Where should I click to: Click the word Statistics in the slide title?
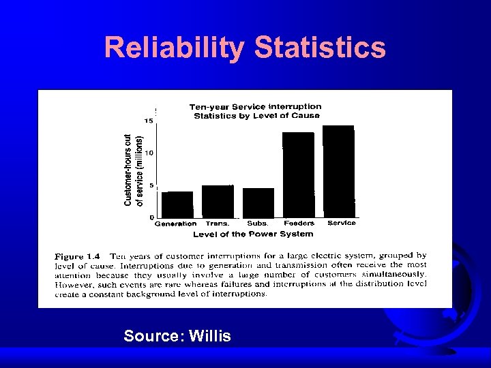[x=320, y=48]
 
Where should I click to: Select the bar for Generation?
[x=176, y=204]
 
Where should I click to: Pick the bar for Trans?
[x=218, y=201]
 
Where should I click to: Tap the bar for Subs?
[x=258, y=202]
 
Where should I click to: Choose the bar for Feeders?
[x=299, y=174]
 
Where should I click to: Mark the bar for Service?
[x=339, y=171]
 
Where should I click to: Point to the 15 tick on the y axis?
[x=148, y=121]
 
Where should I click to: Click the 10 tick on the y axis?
[x=148, y=153]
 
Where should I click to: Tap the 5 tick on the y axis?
[x=150, y=185]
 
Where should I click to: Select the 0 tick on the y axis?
[x=151, y=217]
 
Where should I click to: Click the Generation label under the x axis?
[x=175, y=224]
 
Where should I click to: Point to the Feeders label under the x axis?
[x=299, y=224]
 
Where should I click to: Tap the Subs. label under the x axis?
[x=258, y=224]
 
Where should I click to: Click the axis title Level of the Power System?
[x=253, y=234]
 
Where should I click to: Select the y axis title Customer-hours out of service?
[x=133, y=168]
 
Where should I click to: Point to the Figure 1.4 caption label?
[x=79, y=256]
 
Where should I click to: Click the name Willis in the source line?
[x=210, y=336]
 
